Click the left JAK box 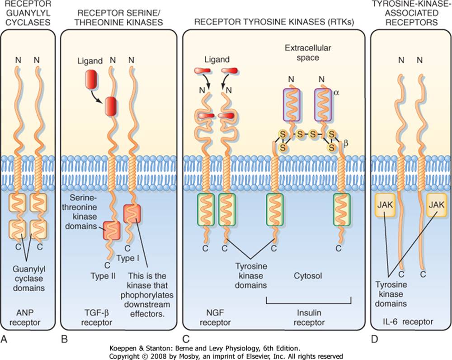[x=384, y=205]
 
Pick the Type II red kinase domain [x=111, y=230]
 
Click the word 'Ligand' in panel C [x=217, y=59]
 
